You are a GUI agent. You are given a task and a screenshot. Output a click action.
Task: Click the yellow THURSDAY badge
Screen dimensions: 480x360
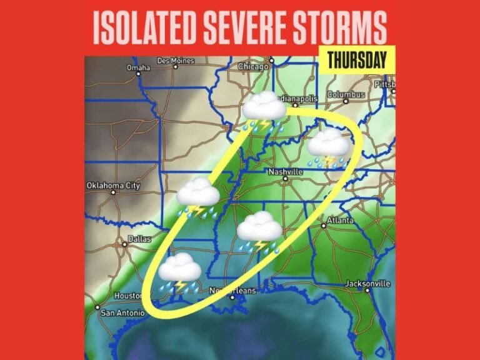click(x=356, y=61)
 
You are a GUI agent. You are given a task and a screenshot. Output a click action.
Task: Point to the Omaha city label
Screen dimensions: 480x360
click(x=139, y=67)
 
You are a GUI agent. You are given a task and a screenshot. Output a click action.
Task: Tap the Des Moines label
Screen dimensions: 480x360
click(x=176, y=61)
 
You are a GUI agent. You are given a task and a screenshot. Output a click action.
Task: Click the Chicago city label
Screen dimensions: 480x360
click(x=253, y=66)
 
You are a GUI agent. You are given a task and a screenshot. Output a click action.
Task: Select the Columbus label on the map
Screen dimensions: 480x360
click(x=345, y=94)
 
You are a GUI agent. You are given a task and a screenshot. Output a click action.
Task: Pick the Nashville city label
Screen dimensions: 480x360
click(x=285, y=171)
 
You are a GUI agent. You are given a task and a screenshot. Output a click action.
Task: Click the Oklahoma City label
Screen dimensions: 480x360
click(x=113, y=186)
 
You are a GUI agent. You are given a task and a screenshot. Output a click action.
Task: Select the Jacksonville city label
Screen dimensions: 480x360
click(x=368, y=284)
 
